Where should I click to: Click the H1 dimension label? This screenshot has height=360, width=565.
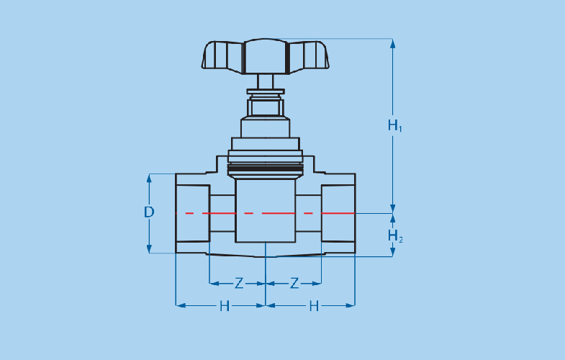[x=394, y=125]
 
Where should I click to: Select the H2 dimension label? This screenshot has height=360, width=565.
[x=395, y=236]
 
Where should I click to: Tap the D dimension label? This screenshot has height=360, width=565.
[x=149, y=212]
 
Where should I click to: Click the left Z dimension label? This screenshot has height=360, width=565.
[x=238, y=284]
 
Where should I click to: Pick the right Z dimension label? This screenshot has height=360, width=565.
[x=294, y=284]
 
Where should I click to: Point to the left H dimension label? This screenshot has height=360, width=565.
[x=225, y=306]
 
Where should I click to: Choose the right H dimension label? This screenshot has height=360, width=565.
[x=314, y=306]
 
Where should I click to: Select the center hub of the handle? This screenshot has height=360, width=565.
[x=266, y=57]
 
